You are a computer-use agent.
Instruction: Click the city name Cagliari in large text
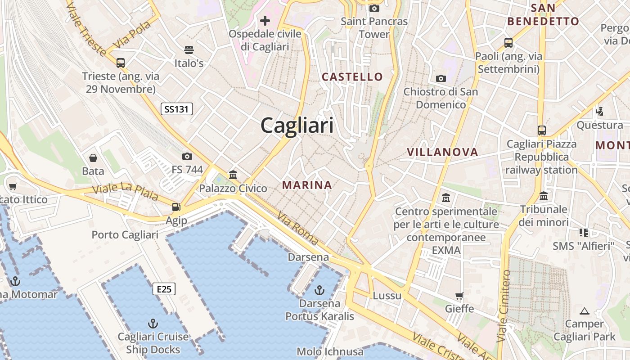click(x=297, y=125)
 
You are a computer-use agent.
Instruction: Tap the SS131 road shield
click(x=177, y=108)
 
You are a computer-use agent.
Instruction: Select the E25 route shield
click(x=164, y=289)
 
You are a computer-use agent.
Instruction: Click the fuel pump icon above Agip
click(x=176, y=207)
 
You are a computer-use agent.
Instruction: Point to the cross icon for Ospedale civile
click(x=265, y=20)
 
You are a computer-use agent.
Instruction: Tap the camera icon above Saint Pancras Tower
click(x=374, y=8)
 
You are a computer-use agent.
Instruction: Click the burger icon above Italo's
click(x=189, y=49)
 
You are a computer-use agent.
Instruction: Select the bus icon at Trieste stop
click(x=121, y=63)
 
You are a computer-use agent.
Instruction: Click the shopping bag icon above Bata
click(x=93, y=158)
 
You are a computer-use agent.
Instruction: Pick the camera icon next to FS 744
click(x=187, y=156)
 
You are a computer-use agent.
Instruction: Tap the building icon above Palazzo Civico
click(x=233, y=175)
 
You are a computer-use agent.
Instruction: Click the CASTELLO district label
click(x=352, y=77)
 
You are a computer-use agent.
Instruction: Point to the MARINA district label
click(x=307, y=185)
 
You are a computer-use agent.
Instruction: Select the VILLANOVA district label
click(x=442, y=152)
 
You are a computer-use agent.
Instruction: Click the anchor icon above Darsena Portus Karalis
click(x=319, y=290)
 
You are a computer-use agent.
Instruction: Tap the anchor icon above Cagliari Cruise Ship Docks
click(x=153, y=324)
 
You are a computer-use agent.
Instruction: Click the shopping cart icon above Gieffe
click(x=459, y=296)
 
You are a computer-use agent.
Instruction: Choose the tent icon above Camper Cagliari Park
click(x=585, y=310)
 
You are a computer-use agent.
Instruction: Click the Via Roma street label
click(x=298, y=229)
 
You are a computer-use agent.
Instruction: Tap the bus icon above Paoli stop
click(x=508, y=43)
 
